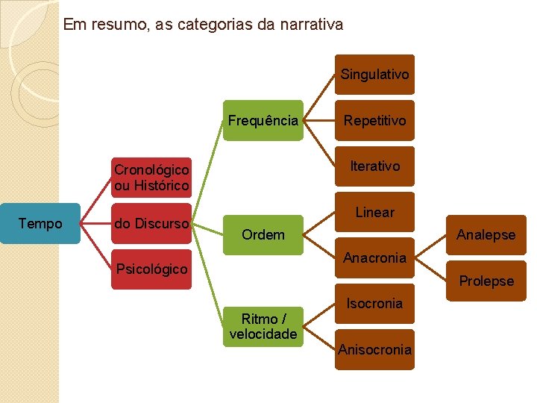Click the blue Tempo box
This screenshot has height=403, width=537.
(40, 224)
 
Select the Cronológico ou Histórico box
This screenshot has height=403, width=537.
(151, 178)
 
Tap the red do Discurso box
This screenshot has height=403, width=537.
(151, 223)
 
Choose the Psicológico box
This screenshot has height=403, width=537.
(151, 269)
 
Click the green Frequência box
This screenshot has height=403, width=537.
(263, 121)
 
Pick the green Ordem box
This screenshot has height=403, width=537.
(263, 235)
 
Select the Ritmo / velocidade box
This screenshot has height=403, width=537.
(263, 326)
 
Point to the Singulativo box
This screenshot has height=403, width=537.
(374, 75)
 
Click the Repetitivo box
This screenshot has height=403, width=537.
(374, 121)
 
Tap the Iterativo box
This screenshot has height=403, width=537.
(374, 166)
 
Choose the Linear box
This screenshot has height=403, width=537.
(374, 213)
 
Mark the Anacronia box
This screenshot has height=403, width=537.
(374, 258)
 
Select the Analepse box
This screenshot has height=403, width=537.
(486, 235)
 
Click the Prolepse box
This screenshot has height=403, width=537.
(486, 281)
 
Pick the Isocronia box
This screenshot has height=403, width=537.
(374, 304)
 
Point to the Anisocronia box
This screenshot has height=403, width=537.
(374, 349)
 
